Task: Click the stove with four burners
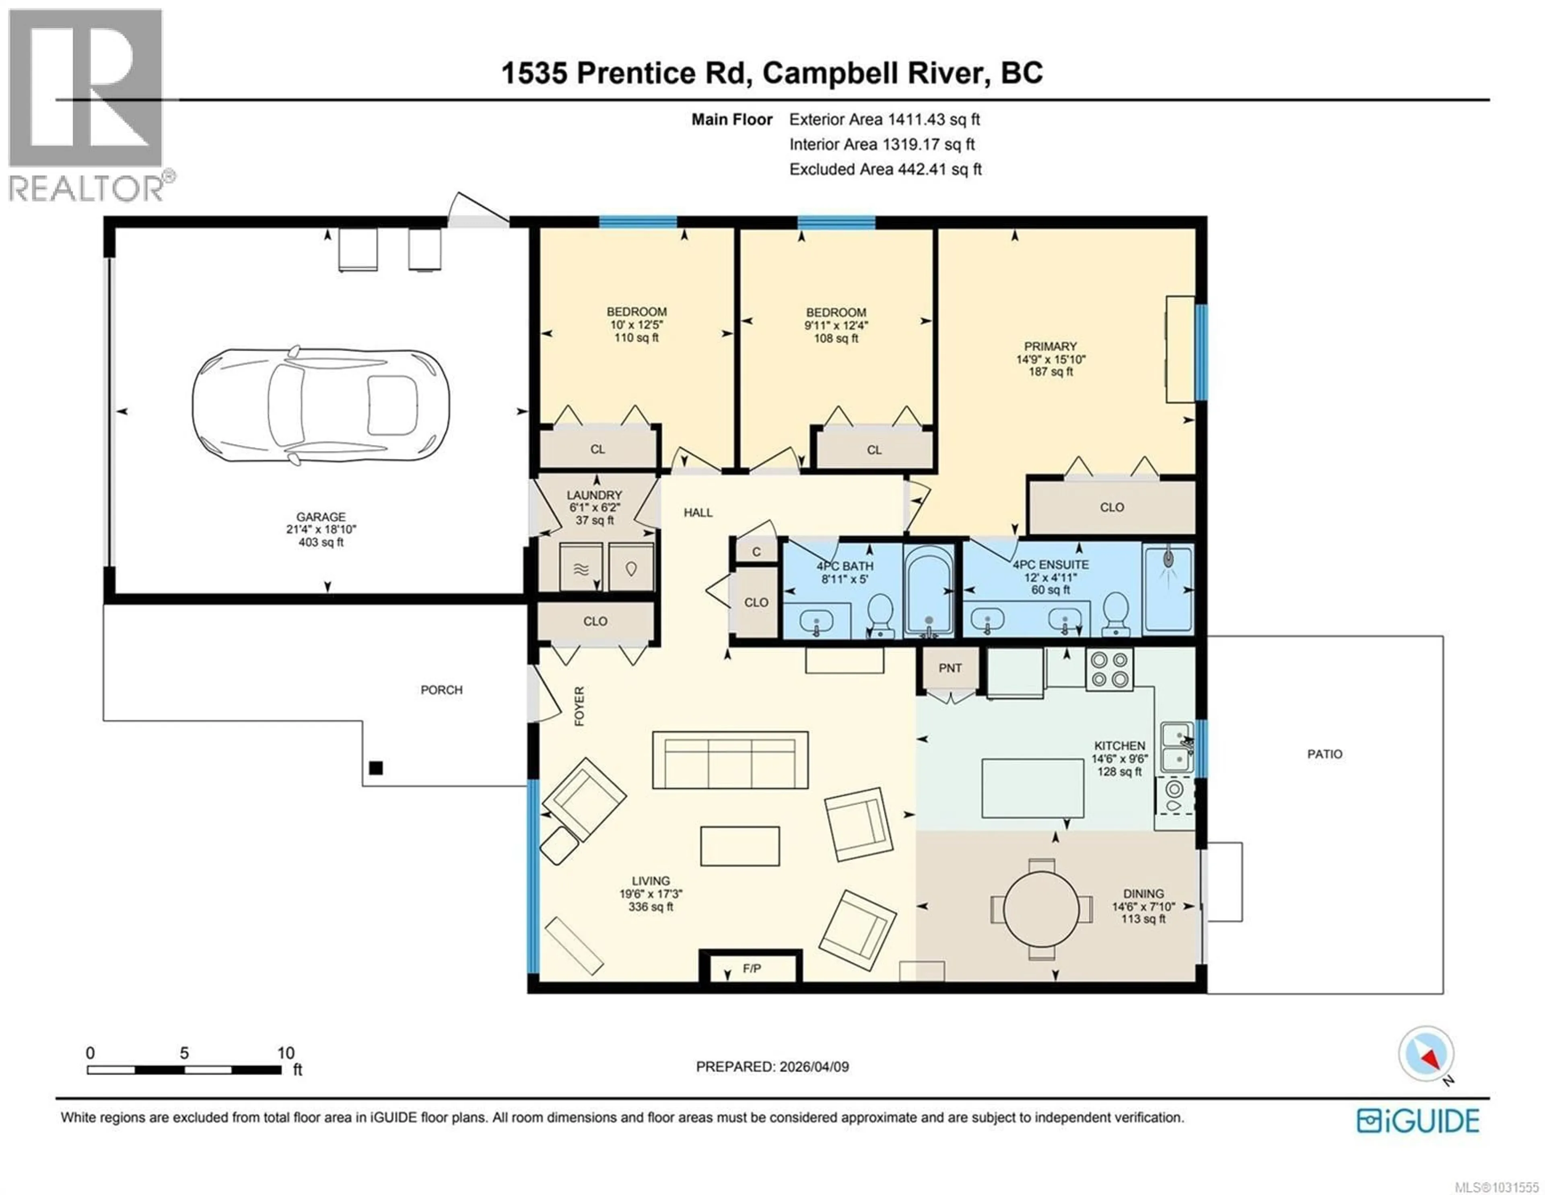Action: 1109,669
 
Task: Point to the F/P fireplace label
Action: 751,968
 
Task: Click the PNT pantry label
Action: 950,668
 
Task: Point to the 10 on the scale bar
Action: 285,1053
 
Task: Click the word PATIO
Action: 1324,754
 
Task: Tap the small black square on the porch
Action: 376,768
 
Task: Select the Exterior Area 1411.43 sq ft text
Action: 884,120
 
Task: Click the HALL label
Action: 698,512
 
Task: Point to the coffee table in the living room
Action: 740,846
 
